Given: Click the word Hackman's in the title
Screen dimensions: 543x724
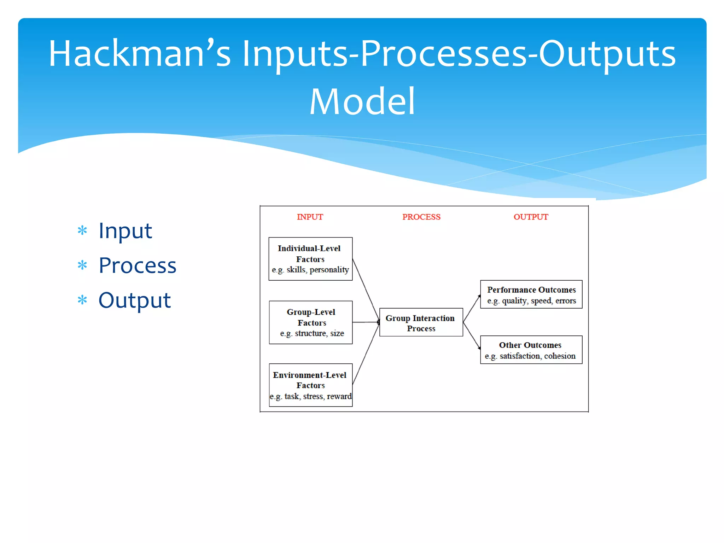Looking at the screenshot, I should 139,54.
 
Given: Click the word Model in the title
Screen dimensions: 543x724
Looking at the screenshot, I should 362,102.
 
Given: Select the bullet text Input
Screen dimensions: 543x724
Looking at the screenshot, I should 125,231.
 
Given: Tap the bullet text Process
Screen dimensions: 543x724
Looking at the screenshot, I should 137,265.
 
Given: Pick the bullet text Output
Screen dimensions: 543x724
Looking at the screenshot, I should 134,300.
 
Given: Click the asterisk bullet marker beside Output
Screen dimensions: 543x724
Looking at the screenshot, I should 82,300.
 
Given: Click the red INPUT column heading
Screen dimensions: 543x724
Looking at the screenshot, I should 310,217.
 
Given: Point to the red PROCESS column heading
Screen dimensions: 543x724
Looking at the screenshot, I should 421,217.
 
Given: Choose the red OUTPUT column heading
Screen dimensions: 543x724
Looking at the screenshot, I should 531,217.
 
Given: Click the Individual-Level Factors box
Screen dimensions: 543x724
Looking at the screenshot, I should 310,259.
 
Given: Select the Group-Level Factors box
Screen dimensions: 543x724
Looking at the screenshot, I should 310,322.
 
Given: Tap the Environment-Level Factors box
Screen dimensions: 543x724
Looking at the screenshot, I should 310,385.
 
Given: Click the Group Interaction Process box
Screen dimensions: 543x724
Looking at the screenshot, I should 421,322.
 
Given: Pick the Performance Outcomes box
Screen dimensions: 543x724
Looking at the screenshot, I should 531,294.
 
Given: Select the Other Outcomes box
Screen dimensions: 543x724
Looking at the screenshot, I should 531,350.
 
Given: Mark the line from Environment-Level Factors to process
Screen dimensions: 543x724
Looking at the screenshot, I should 366,354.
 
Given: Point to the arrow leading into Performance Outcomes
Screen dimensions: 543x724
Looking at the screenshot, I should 472,308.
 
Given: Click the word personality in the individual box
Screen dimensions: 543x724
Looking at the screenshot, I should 329,270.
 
